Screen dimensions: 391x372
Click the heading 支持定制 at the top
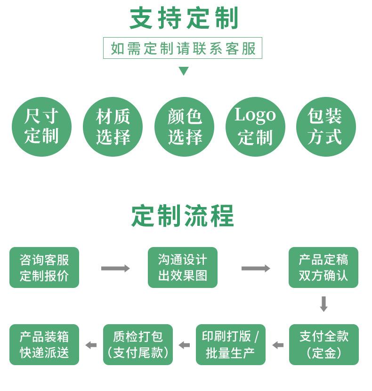click(x=184, y=19)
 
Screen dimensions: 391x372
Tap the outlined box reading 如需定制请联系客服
click(x=183, y=48)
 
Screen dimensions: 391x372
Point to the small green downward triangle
click(x=184, y=71)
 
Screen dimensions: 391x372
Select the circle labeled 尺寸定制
click(x=41, y=127)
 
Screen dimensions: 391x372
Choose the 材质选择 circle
click(x=113, y=127)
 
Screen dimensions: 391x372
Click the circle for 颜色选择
click(x=184, y=127)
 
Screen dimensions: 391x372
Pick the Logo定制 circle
click(x=255, y=127)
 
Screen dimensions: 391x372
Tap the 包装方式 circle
click(x=326, y=127)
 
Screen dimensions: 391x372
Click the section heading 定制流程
click(x=183, y=216)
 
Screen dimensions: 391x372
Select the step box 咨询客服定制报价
click(x=44, y=267)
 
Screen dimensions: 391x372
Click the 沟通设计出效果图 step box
click(x=183, y=267)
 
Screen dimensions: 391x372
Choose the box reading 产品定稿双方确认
click(x=323, y=267)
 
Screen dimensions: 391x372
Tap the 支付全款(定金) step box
click(x=324, y=344)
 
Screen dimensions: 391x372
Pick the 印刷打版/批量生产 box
click(x=231, y=344)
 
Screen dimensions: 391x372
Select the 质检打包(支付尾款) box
click(x=138, y=344)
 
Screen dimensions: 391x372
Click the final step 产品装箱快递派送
click(x=44, y=344)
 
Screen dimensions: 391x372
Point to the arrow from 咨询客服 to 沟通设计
click(x=115, y=268)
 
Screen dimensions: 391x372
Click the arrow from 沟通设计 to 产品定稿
click(x=256, y=268)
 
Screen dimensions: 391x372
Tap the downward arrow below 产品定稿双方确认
click(x=323, y=303)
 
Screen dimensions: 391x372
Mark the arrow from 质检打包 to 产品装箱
click(x=91, y=345)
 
